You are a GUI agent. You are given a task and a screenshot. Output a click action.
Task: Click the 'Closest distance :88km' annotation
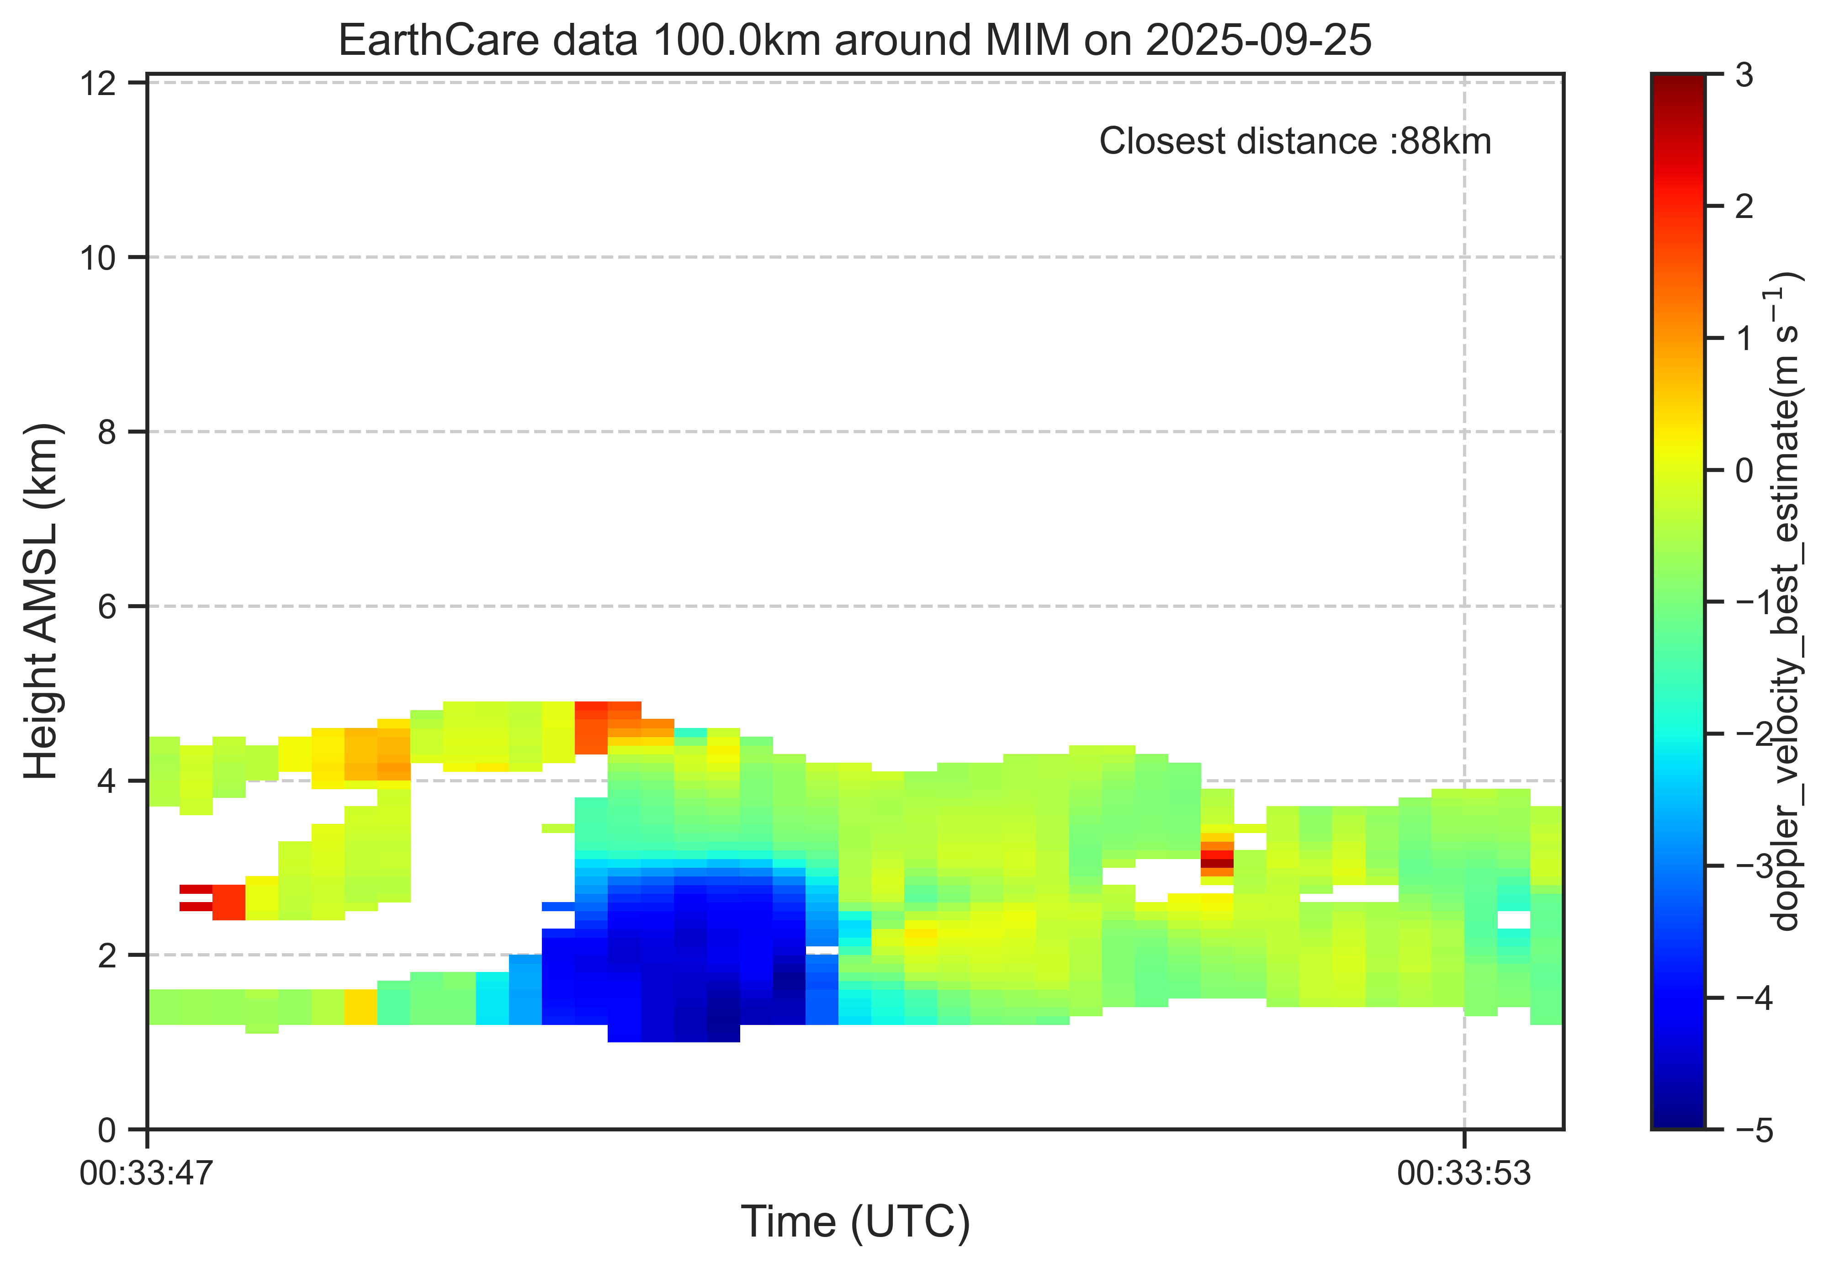tap(1295, 142)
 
